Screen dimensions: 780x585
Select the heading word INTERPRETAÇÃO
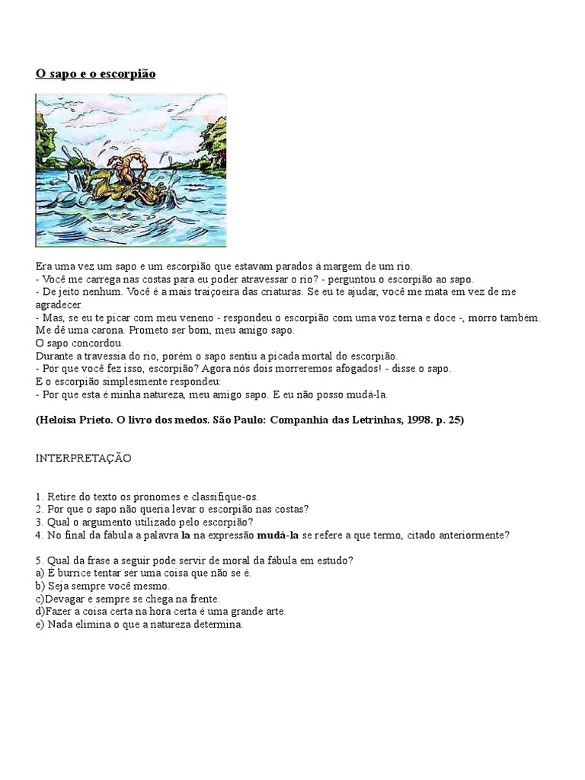(x=83, y=458)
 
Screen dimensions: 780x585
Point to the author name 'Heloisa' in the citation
(x=62, y=420)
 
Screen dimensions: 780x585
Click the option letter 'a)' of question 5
(x=40, y=573)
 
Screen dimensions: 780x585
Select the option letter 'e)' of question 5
(x=40, y=624)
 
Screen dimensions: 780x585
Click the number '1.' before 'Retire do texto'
(x=40, y=496)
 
